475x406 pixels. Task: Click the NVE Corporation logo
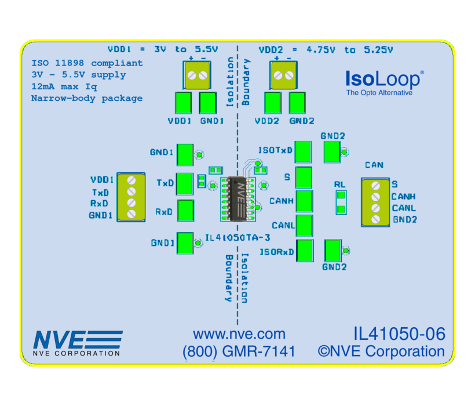pyautogui.click(x=78, y=342)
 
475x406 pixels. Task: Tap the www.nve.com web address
pyautogui.click(x=239, y=334)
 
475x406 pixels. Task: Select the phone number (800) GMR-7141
pyautogui.click(x=239, y=351)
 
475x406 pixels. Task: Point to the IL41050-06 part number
pyautogui.click(x=399, y=334)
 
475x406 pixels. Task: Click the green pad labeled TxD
pyautogui.click(x=185, y=184)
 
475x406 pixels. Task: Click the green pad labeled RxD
pyautogui.click(x=185, y=211)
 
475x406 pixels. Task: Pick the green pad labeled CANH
pyautogui.click(x=304, y=201)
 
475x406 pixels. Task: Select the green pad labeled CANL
pyautogui.click(x=304, y=226)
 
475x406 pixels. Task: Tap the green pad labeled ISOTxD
pyautogui.click(x=304, y=151)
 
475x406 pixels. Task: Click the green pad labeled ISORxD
pyautogui.click(x=304, y=251)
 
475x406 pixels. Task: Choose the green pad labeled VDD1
pyautogui.click(x=183, y=103)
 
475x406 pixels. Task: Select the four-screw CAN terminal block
pyautogui.click(x=374, y=202)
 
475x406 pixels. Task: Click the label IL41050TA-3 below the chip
pyautogui.click(x=238, y=238)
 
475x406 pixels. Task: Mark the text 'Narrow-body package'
pyautogui.click(x=87, y=98)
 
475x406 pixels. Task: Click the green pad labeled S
pyautogui.click(x=304, y=176)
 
